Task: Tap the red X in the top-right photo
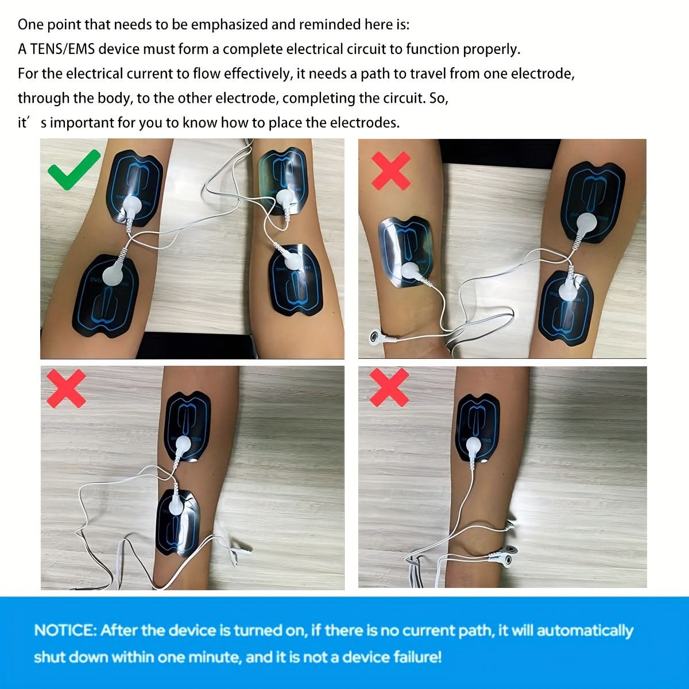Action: [391, 171]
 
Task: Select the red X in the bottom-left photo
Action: [66, 389]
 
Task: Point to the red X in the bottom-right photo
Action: [389, 388]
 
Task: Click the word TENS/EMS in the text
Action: [62, 49]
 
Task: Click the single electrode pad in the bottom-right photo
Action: [478, 428]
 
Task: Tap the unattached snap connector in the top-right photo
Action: [375, 336]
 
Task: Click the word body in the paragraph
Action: [114, 98]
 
